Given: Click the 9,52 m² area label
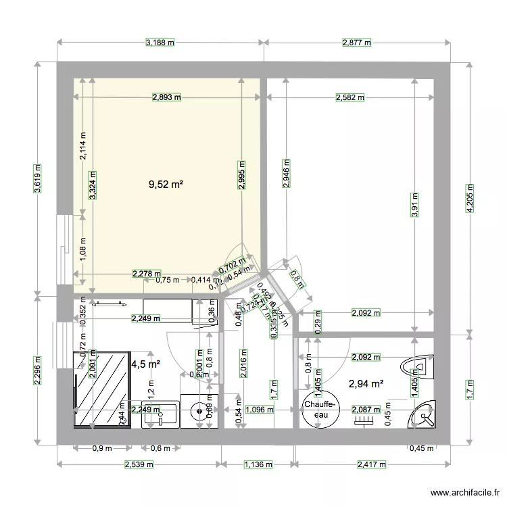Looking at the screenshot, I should tap(166, 183).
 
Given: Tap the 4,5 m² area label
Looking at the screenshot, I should tap(146, 364).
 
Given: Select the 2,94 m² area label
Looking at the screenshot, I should tap(366, 384).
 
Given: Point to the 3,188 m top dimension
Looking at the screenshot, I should tap(160, 43).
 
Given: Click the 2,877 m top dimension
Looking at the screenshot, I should tap(358, 43).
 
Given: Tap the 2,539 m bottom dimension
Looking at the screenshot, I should tap(139, 464).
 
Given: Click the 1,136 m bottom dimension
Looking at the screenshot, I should tap(258, 464).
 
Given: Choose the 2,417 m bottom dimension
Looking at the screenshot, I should tap(371, 464).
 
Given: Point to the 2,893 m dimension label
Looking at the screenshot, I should tap(166, 97).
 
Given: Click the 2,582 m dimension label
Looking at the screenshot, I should tap(350, 97).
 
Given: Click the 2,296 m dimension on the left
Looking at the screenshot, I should tap(38, 370).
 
